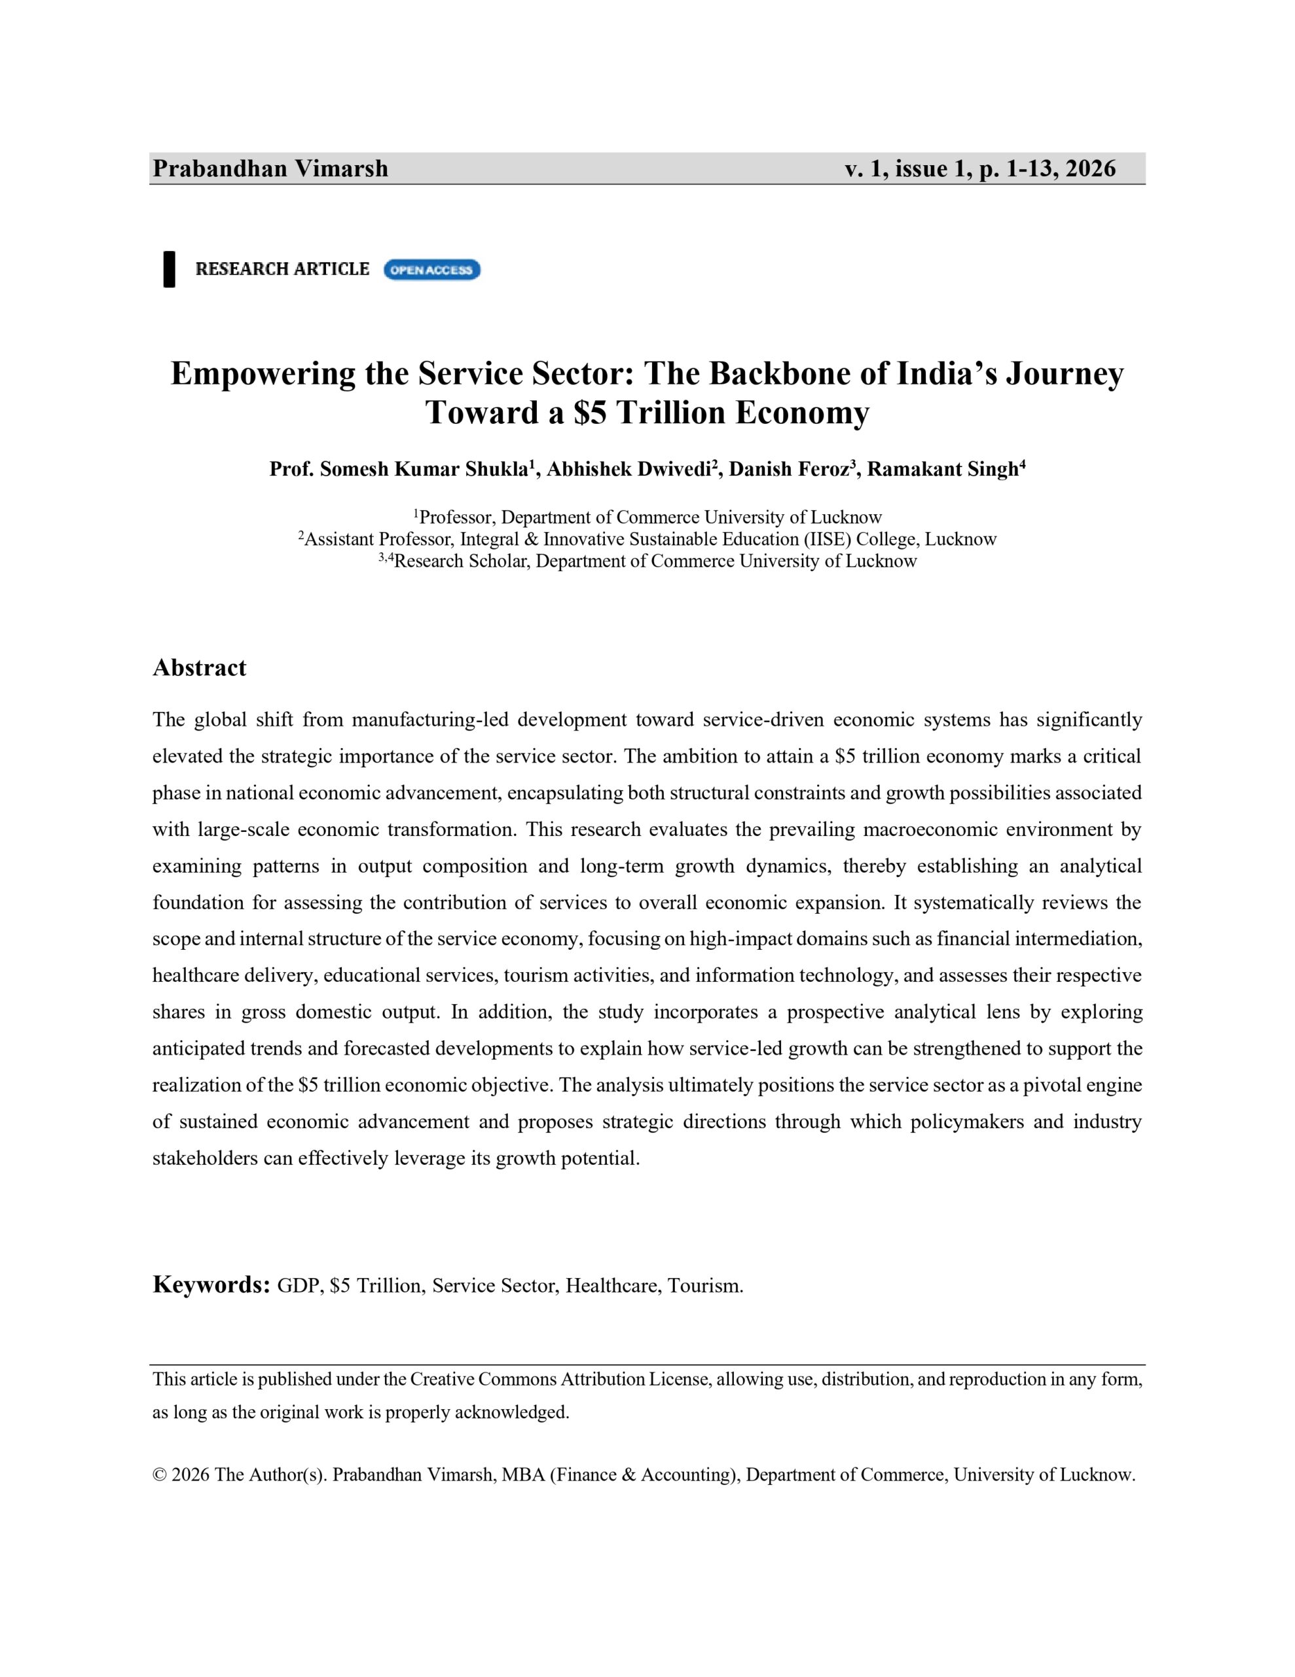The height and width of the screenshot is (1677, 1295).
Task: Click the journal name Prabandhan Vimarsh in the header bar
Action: [x=270, y=168]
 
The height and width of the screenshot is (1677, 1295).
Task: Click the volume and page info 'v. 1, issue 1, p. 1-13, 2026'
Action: [x=980, y=168]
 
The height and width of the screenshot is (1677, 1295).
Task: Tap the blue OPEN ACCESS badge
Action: [x=431, y=269]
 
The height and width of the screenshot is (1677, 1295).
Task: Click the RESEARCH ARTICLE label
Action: [x=282, y=269]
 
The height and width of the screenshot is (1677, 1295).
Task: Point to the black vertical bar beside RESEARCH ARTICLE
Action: [x=169, y=269]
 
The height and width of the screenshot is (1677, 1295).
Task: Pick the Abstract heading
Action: [x=200, y=668]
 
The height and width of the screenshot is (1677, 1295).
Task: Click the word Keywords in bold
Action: [x=210, y=1285]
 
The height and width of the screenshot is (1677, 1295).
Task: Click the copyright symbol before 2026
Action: [x=160, y=1475]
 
